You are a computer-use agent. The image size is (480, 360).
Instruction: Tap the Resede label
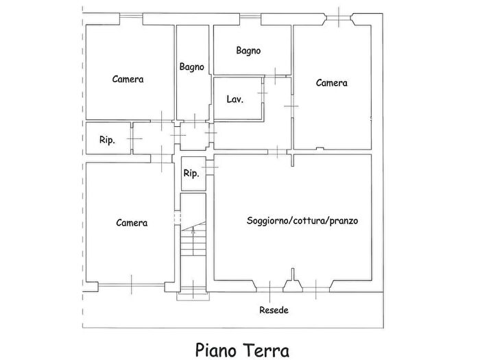pyautogui.click(x=274, y=310)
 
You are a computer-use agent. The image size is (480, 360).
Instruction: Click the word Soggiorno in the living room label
pyautogui.click(x=268, y=221)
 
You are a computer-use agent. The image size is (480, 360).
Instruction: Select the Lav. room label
pyautogui.click(x=235, y=99)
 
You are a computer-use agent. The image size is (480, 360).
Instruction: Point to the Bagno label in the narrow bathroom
pyautogui.click(x=192, y=67)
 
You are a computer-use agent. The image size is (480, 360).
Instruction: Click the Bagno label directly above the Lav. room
pyautogui.click(x=248, y=50)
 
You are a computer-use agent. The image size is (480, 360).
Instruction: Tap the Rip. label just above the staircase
pyautogui.click(x=191, y=173)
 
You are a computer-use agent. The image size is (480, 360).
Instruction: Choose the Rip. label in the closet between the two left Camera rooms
pyautogui.click(x=107, y=140)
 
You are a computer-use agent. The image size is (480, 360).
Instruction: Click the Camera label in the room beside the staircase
pyautogui.click(x=132, y=223)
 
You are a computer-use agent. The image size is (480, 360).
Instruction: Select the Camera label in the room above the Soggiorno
pyautogui.click(x=331, y=83)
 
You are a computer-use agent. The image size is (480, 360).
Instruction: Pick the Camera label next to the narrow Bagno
pyautogui.click(x=128, y=79)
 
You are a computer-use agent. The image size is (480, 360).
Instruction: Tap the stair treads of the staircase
pyautogui.click(x=193, y=257)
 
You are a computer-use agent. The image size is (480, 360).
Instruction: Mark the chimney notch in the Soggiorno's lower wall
pyautogui.click(x=293, y=276)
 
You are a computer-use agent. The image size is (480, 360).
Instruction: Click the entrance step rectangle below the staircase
pyautogui.click(x=193, y=297)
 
